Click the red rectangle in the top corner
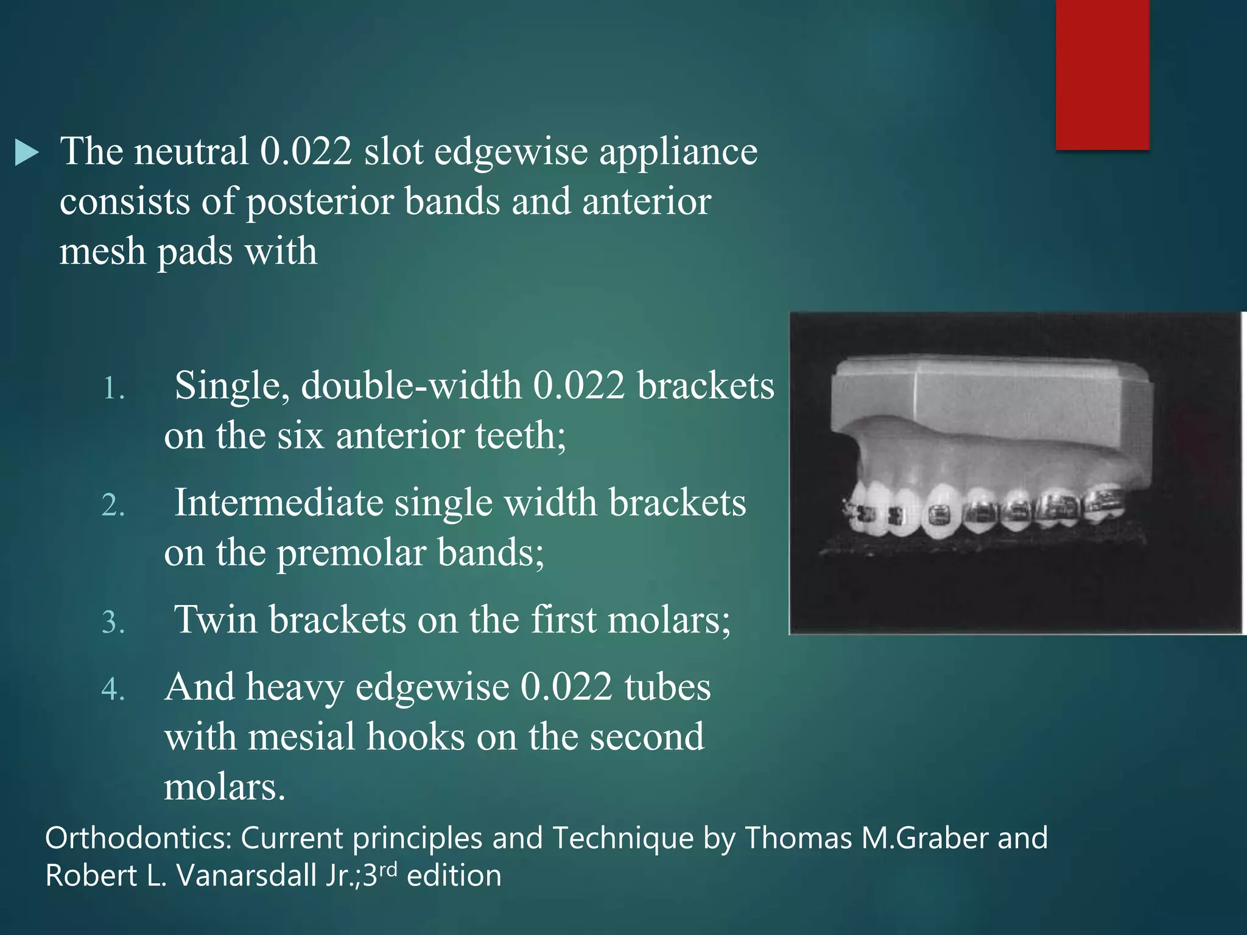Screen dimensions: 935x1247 click(x=1102, y=74)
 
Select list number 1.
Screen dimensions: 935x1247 click(x=113, y=388)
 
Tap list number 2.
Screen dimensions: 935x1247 click(x=113, y=505)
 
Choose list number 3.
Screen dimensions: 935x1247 click(x=113, y=622)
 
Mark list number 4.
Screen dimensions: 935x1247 click(x=113, y=689)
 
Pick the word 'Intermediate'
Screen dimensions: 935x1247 click(x=278, y=503)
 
